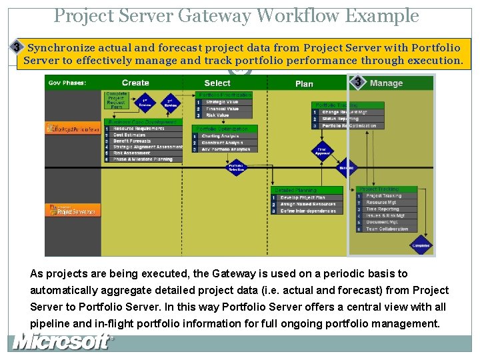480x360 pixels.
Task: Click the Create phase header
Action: (x=135, y=83)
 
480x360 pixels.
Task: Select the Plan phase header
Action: (x=304, y=83)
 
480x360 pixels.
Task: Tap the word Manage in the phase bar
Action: (x=386, y=83)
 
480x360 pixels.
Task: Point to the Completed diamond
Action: (x=421, y=245)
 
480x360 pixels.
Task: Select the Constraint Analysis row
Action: (x=222, y=143)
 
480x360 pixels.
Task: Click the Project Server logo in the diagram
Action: (x=73, y=211)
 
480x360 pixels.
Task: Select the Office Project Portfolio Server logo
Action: (x=73, y=129)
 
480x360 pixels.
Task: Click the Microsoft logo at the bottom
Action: (x=62, y=343)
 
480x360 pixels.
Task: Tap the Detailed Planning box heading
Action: (x=296, y=190)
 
